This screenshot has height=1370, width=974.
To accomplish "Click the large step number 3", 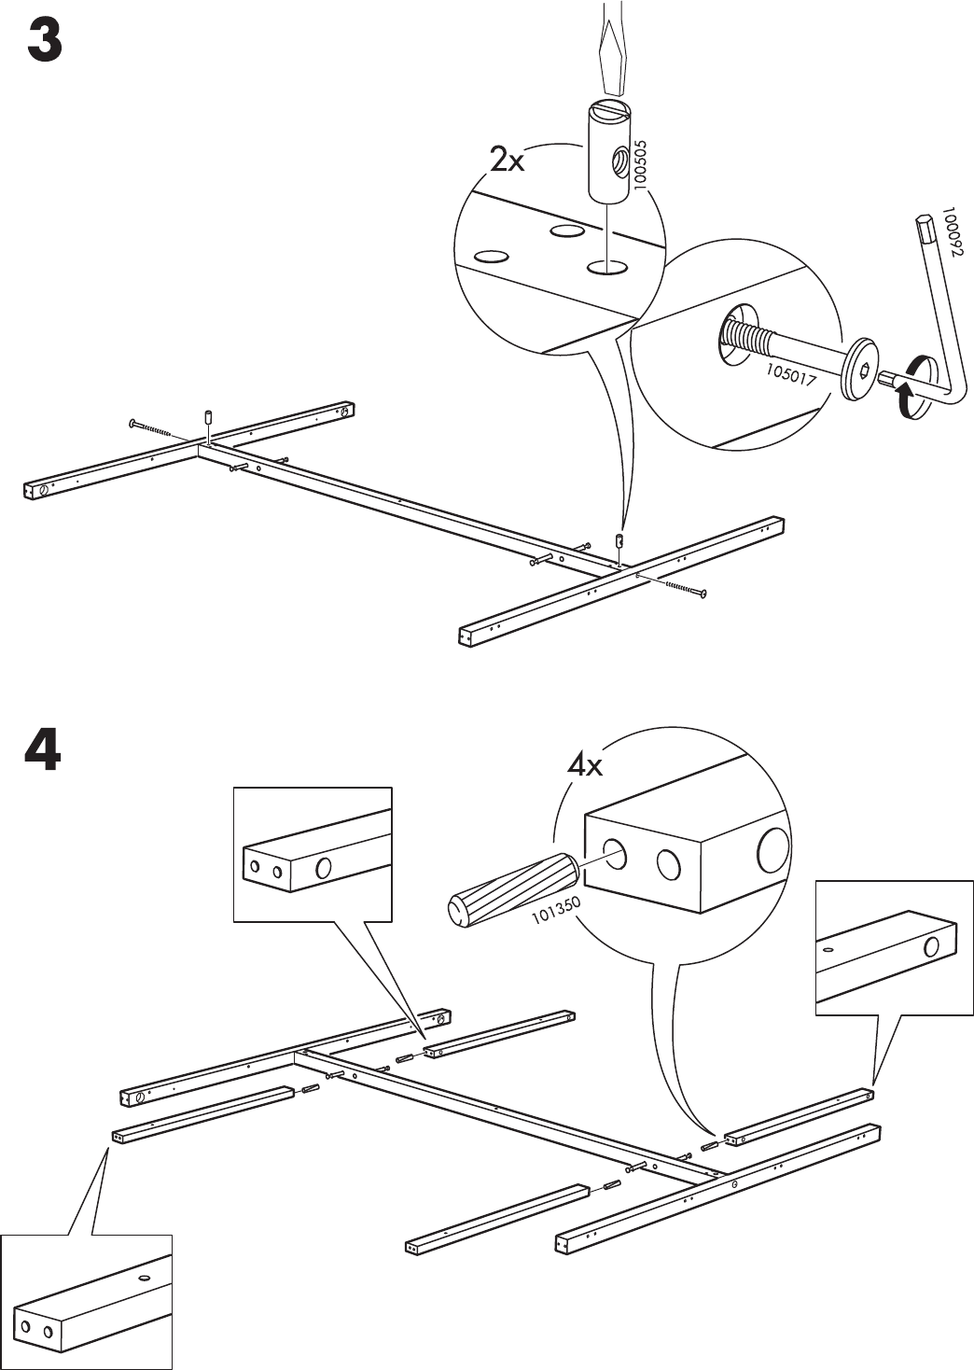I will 44,42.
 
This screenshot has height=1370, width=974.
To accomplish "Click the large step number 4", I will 43,751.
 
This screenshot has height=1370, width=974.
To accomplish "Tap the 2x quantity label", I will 508,161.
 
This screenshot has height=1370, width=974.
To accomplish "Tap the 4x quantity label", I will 585,767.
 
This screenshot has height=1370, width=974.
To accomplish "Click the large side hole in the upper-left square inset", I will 324,868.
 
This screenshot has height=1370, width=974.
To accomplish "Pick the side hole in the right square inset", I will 931,948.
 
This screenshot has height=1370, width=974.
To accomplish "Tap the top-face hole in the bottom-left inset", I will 145,1276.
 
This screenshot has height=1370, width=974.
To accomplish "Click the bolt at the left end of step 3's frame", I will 155,427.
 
